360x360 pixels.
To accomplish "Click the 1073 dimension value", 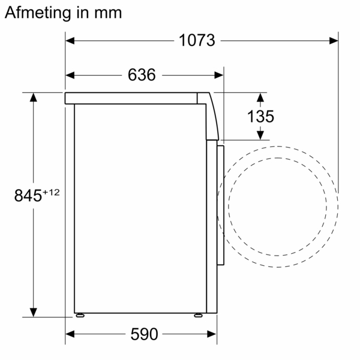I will click(197, 40).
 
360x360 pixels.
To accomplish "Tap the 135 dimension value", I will click(260, 116).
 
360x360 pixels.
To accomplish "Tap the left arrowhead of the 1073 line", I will click(70, 40).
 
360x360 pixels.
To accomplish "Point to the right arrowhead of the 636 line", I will click(219, 75).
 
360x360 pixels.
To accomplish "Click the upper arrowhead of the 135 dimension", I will click(260, 97).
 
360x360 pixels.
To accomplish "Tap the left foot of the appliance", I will click(79, 314).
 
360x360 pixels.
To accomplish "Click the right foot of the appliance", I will click(198, 314).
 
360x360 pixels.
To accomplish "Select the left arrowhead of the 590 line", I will click(70, 334).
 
